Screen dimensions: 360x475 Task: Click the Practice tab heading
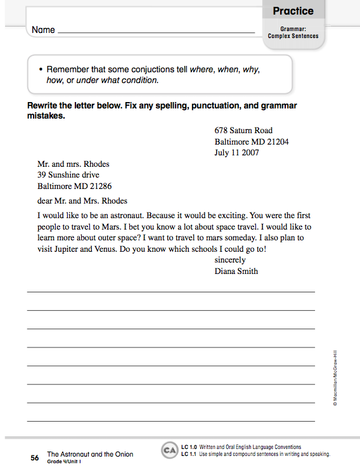coord(293,11)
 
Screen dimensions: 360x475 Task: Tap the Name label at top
coord(43,30)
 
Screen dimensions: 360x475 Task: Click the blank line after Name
coord(156,31)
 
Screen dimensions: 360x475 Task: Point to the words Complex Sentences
coord(293,36)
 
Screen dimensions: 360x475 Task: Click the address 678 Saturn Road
coord(243,131)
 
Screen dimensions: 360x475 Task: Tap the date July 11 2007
coord(236,152)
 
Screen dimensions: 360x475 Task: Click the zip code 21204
coord(276,141)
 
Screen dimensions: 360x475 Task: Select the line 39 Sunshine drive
coord(68,175)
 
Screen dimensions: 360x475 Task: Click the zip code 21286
coord(99,186)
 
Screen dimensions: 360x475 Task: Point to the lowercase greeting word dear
coord(46,201)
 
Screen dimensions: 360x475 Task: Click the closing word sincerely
coord(233,260)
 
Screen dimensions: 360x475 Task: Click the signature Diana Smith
coord(236,271)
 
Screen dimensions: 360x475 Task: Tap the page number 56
coord(35,457)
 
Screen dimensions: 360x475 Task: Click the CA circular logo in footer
coord(169,451)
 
